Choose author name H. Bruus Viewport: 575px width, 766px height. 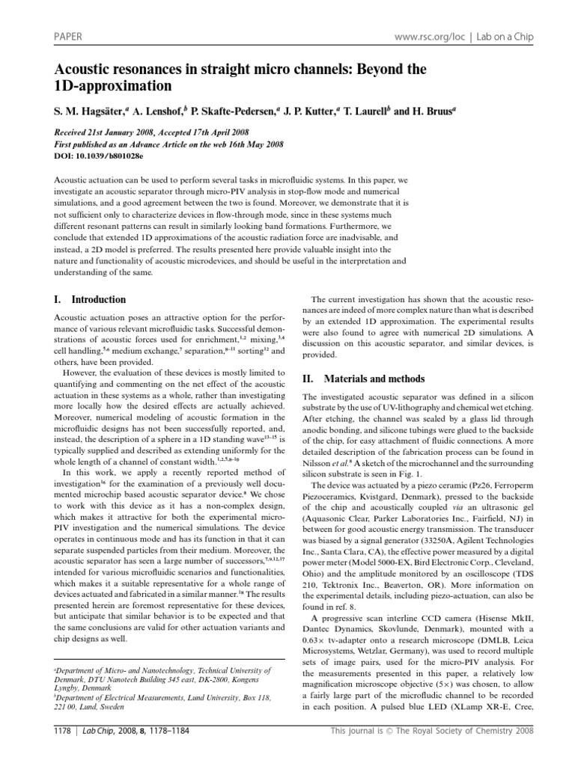432,111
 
